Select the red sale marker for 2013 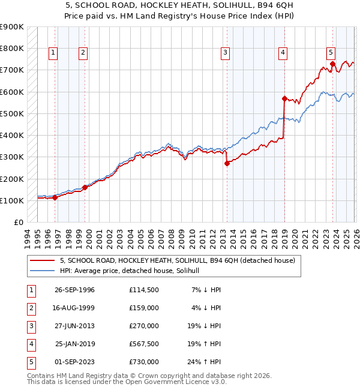tap(227, 163)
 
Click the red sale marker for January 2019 tap(284, 98)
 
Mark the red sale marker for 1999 tap(85, 187)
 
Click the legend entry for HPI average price tap(133, 271)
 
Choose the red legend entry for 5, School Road tap(177, 261)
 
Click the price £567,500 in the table tap(144, 345)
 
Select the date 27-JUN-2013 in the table tap(75, 326)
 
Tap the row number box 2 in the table tap(29, 308)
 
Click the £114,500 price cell tap(144, 290)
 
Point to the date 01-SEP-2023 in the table tap(75, 362)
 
